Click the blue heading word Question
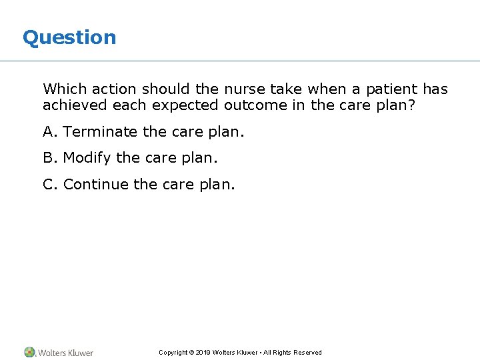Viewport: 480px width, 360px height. pyautogui.click(x=69, y=37)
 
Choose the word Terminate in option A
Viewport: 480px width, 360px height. pyautogui.click(x=101, y=132)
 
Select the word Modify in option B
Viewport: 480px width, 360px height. pyautogui.click(x=87, y=158)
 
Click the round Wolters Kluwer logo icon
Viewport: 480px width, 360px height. pyautogui.click(x=30, y=352)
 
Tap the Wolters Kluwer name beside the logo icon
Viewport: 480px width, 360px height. pyautogui.click(x=65, y=353)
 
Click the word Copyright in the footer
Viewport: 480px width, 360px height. pyautogui.click(x=173, y=353)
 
